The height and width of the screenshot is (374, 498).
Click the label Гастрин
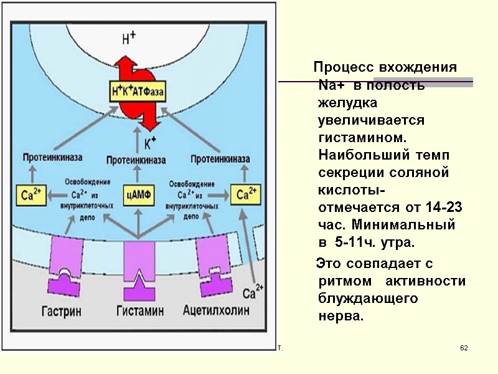65,310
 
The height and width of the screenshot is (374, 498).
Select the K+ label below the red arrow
150,143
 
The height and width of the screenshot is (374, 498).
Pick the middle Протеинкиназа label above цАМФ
136,161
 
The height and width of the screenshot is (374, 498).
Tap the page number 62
463,347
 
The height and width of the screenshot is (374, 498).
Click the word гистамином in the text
360,135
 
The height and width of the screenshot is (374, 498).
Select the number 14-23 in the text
444,206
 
